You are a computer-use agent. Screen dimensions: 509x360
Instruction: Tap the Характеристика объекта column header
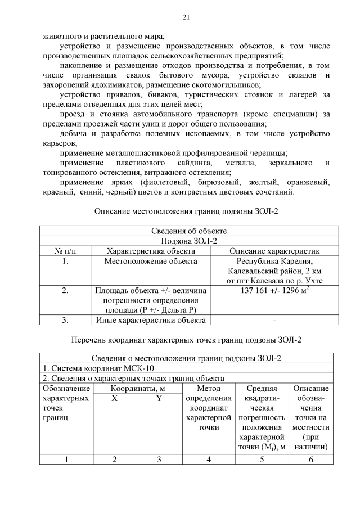coord(151,251)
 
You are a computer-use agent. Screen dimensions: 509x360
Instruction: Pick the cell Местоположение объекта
coord(151,261)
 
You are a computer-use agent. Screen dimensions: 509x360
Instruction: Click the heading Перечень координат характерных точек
coord(186,340)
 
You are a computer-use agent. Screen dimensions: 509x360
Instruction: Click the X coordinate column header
coord(115,398)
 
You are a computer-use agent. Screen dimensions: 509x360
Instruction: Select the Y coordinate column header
coord(159,398)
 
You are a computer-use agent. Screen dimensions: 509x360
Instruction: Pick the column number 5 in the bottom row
coord(262,460)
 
